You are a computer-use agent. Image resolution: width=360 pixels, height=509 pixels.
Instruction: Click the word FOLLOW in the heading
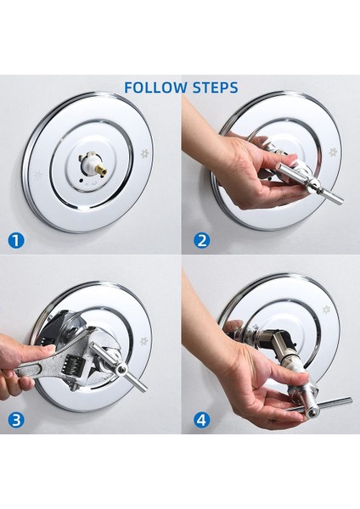pos(156,87)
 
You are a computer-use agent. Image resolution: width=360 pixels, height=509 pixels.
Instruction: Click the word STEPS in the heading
pos(215,87)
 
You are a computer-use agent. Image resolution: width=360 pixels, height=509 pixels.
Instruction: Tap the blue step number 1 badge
pos(16,241)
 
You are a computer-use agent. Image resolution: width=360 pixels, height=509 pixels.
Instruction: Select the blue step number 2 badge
pos(201,241)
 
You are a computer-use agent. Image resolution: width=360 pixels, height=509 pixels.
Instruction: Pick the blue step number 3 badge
pos(16,420)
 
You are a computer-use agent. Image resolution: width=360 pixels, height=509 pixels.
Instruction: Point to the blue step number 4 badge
pos(201,420)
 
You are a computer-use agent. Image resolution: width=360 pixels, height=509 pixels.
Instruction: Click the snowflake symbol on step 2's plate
pos(332,152)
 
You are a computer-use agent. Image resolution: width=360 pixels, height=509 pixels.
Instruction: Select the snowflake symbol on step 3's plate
pos(143,341)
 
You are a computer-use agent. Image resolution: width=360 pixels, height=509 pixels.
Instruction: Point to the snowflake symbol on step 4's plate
pos(326,310)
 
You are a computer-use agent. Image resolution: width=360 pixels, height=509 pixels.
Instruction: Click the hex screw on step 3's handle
pos(121,369)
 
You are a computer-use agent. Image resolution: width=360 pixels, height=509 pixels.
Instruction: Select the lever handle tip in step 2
pos(339,200)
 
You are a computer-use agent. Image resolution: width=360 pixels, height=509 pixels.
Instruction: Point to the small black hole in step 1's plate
pos(81,180)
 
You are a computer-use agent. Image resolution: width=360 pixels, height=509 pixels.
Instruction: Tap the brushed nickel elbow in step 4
pos(278,342)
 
